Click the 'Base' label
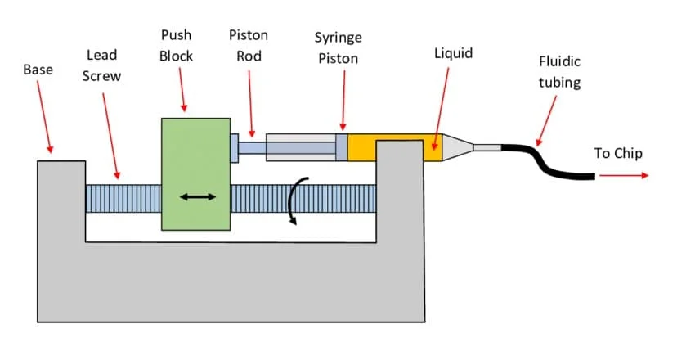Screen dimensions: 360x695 click(38, 70)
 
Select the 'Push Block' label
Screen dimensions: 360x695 click(176, 46)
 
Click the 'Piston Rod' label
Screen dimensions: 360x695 click(248, 46)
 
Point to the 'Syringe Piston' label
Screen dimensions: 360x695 click(337, 48)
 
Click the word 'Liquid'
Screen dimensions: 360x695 click(453, 54)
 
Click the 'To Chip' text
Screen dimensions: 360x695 click(618, 153)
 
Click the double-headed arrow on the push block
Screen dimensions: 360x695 click(198, 196)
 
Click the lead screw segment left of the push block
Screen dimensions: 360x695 click(123, 200)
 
